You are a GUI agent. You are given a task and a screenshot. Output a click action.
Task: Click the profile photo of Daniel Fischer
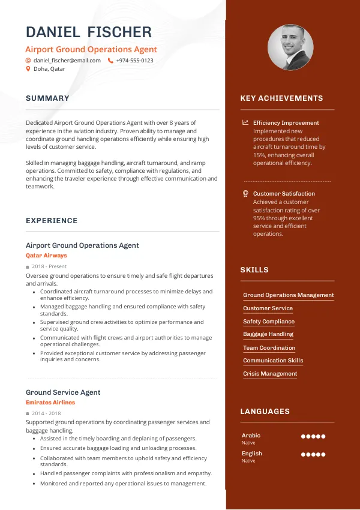click(x=290, y=47)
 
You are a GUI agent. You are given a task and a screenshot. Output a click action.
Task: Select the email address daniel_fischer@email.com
click(x=67, y=61)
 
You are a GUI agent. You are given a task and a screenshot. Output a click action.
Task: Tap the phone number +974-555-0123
click(x=134, y=61)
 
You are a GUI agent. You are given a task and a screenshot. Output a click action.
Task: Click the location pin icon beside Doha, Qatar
click(x=28, y=69)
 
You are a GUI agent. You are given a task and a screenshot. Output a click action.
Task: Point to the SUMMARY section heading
click(x=47, y=98)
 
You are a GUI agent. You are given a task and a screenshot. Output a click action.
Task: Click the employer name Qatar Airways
click(x=46, y=256)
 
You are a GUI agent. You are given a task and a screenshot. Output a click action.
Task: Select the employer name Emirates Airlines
click(x=50, y=403)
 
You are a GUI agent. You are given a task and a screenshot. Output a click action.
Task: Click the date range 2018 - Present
click(x=49, y=266)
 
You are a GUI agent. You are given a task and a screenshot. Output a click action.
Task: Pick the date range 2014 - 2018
click(x=46, y=413)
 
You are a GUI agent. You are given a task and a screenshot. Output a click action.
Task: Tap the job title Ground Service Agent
click(x=63, y=392)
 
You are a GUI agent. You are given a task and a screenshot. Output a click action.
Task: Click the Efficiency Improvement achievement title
click(x=286, y=122)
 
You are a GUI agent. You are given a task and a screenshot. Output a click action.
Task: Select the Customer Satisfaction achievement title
click(x=284, y=194)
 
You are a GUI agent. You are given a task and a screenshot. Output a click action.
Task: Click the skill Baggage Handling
click(x=268, y=334)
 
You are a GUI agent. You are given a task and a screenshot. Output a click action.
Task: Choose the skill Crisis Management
click(x=270, y=374)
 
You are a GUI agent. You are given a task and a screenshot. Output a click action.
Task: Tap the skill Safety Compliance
click(x=269, y=322)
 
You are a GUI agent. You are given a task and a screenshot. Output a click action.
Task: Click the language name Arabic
click(x=251, y=436)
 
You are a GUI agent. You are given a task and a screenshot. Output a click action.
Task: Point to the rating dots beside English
click(x=313, y=455)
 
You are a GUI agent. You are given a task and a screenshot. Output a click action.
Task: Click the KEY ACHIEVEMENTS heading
click(x=281, y=98)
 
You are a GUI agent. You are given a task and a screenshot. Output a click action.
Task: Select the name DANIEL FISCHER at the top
click(x=89, y=32)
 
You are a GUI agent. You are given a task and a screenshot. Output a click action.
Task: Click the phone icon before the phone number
click(x=110, y=61)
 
